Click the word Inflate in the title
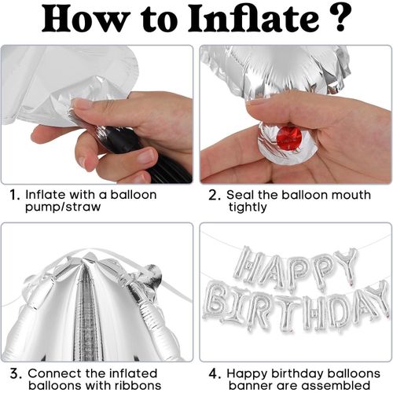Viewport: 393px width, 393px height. point(233,20)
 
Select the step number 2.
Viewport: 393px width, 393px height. point(213,194)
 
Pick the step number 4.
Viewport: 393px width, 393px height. point(213,373)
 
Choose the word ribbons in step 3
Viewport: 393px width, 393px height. point(134,386)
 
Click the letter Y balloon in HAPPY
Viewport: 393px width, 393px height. point(345,264)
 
